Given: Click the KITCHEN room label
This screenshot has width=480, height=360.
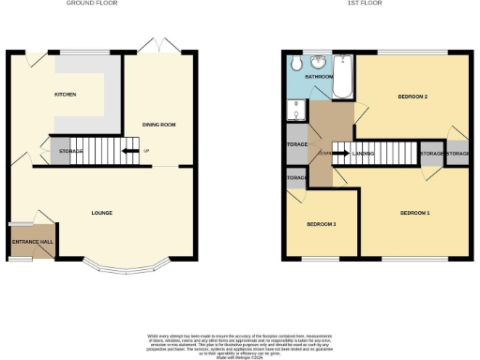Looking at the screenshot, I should pos(65,95).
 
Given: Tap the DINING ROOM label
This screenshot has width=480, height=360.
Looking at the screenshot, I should pos(159,124).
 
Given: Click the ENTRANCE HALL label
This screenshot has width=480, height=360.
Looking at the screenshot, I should pos(33,242).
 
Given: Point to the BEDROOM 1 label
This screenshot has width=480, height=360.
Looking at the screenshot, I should pos(414,214).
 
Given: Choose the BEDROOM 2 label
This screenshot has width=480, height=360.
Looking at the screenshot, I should pos(412,97).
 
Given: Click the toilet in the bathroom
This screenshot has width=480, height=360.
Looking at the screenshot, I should pos(295,65).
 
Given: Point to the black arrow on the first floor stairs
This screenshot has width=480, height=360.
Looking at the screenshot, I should pos(341,153).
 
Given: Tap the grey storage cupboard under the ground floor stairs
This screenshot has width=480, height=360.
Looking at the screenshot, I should pos(61,151).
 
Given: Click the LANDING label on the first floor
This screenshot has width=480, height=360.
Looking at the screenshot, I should pos(364,153).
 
